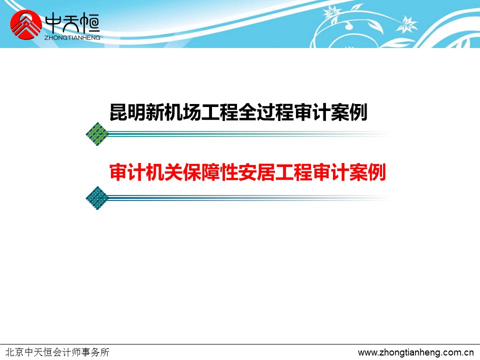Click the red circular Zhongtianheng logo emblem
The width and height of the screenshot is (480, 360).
pyautogui.click(x=25, y=25)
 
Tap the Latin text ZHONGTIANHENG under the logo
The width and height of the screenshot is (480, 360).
pyautogui.click(x=72, y=37)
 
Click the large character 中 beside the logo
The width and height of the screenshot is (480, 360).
pyautogui.click(x=53, y=23)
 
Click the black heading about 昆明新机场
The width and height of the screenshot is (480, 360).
pyautogui.click(x=238, y=112)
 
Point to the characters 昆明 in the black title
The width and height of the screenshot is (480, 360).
pyautogui.click(x=128, y=112)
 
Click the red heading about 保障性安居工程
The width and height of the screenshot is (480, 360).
pyautogui.click(x=247, y=172)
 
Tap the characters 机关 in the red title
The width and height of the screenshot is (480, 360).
pyautogui.click(x=164, y=172)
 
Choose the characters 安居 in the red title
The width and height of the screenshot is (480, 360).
pyautogui.click(x=257, y=172)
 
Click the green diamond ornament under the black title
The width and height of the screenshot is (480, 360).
pyautogui.click(x=97, y=134)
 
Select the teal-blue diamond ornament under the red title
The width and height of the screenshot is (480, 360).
pyautogui.click(x=97, y=198)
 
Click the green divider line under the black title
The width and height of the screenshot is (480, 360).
pyautogui.click(x=248, y=134)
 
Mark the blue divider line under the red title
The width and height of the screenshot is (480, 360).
pyautogui.click(x=248, y=198)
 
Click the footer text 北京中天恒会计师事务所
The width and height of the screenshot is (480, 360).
pyautogui.click(x=57, y=352)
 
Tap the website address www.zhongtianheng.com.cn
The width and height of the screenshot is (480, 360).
pyautogui.click(x=415, y=352)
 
